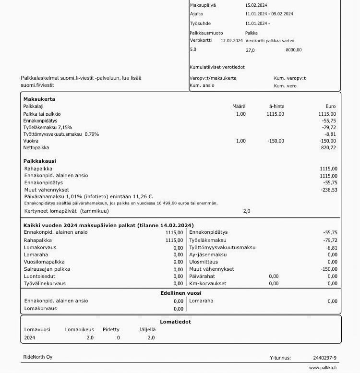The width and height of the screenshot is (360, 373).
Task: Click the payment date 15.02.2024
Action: click(257, 5)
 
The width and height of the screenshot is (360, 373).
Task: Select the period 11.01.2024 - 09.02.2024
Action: click(269, 14)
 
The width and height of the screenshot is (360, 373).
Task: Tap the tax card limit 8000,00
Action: click(293, 49)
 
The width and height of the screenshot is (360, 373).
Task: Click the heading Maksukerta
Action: click(39, 99)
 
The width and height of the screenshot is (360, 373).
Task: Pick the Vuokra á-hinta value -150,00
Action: click(276, 141)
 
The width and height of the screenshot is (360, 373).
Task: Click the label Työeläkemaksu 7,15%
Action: click(48, 128)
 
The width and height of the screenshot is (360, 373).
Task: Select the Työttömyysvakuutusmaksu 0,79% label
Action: click(61, 134)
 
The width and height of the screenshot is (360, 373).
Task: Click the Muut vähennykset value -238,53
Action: click(328, 190)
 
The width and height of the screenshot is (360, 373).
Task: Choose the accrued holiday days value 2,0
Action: click(246, 211)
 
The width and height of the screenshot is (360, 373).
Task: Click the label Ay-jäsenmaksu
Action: click(208, 255)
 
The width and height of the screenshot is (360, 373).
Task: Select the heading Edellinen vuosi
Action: click(180, 293)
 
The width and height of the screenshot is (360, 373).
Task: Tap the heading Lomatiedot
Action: click(175, 322)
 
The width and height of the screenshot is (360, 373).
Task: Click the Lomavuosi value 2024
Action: click(30, 337)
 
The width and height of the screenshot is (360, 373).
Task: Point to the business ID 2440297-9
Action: click(325, 358)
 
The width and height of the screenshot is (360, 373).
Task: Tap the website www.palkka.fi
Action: click(323, 368)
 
